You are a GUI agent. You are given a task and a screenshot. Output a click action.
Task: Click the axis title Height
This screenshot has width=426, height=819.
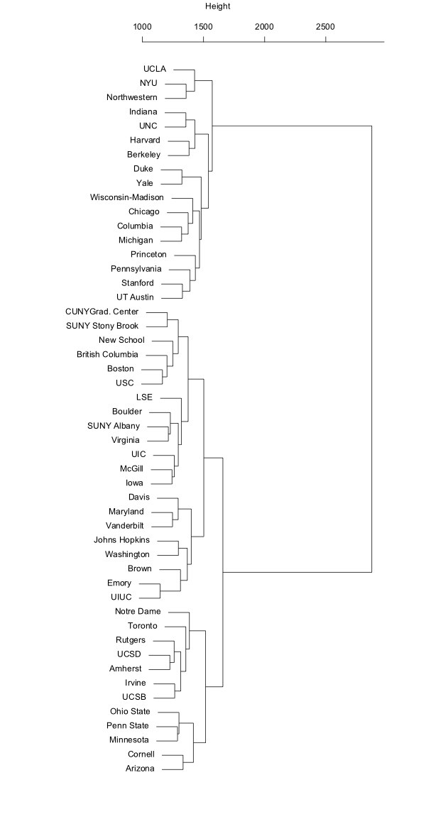pyautogui.click(x=217, y=6)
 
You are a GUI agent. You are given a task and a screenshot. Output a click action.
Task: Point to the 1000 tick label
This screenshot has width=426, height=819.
pyautogui.click(x=142, y=26)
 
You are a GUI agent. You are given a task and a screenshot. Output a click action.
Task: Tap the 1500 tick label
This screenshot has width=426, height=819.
pyautogui.click(x=203, y=26)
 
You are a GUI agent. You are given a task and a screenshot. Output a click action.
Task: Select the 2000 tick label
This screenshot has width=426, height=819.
pyautogui.click(x=264, y=26)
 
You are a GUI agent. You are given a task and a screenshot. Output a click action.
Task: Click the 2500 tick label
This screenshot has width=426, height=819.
pyautogui.click(x=325, y=26)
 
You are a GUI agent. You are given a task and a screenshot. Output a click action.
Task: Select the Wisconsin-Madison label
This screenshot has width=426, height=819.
pyautogui.click(x=127, y=197)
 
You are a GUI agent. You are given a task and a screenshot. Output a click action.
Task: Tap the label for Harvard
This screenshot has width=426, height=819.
pyautogui.click(x=145, y=140)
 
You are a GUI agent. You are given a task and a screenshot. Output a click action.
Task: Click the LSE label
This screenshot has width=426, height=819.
pyautogui.click(x=144, y=397)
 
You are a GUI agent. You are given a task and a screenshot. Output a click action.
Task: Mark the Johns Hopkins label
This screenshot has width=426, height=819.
pyautogui.click(x=121, y=539)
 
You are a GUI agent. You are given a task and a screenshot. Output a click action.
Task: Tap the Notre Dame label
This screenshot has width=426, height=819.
pyautogui.click(x=138, y=611)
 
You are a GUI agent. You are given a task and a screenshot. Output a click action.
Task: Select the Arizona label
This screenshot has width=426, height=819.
pyautogui.click(x=141, y=768)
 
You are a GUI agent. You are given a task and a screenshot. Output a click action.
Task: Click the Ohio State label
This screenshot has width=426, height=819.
pyautogui.click(x=135, y=711)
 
